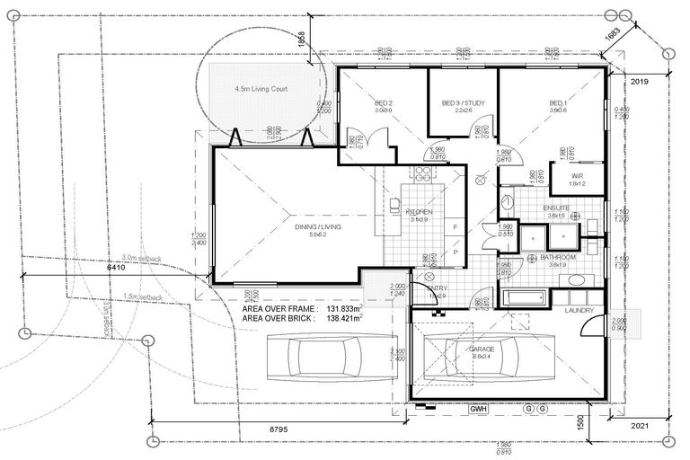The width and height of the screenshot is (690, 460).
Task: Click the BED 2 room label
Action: pos(385,103)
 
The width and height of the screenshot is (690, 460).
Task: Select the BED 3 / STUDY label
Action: pos(464,103)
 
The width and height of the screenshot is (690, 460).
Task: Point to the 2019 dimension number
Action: pos(640,81)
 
